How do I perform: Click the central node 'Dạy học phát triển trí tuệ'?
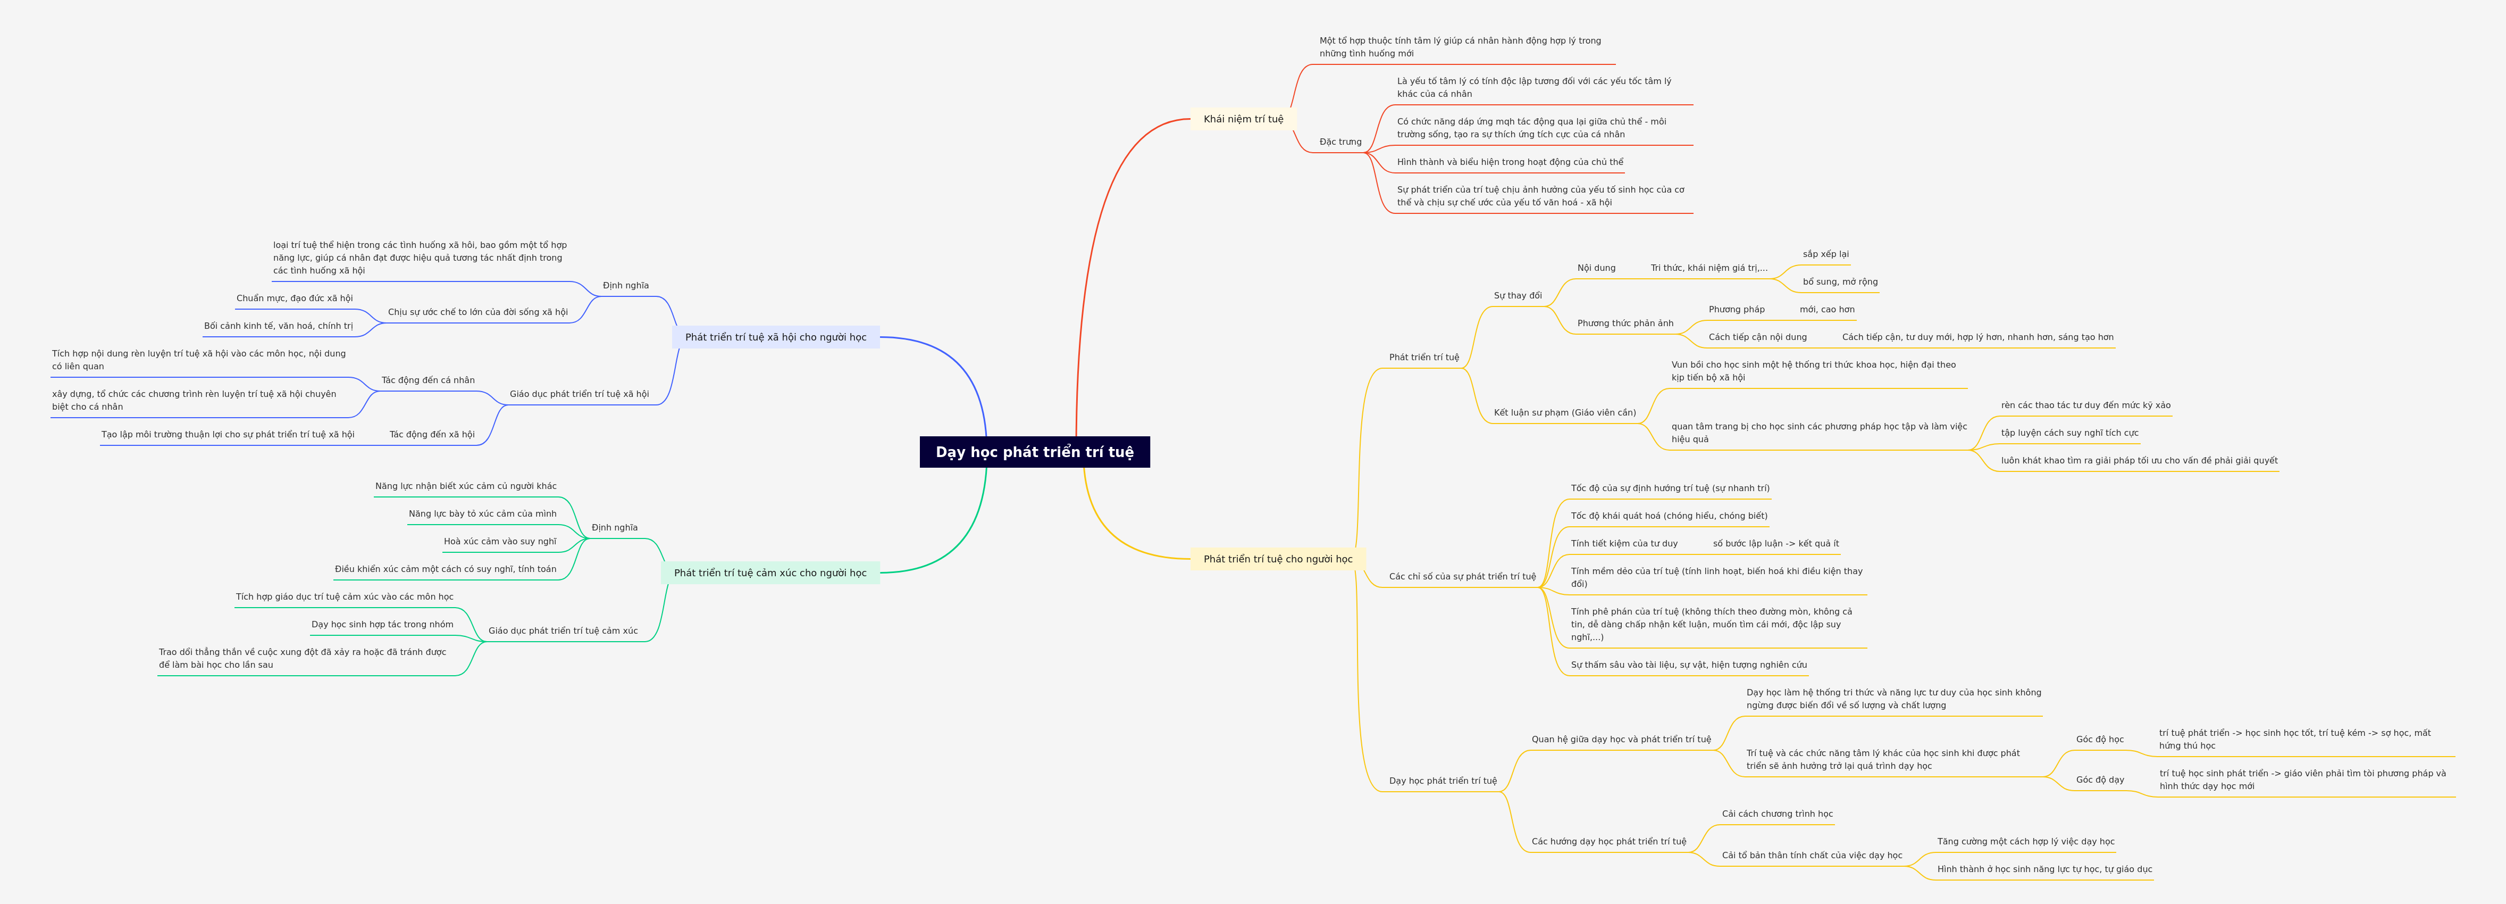coord(1034,452)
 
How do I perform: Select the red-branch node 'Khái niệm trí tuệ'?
coord(1243,119)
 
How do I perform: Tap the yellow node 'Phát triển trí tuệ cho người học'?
coord(1277,559)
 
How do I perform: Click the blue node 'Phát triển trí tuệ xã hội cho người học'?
coord(775,337)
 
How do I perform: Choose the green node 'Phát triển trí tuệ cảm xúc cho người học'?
coord(769,572)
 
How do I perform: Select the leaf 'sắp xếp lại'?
coord(1825,254)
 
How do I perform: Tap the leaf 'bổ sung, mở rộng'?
coord(1840,282)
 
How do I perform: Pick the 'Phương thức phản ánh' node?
coord(1624,323)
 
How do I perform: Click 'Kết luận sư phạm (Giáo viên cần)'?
coord(1564,412)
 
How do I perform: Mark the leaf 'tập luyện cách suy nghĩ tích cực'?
coord(2069,433)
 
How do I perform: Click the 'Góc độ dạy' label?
coord(2099,779)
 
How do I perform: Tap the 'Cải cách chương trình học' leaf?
coord(1776,814)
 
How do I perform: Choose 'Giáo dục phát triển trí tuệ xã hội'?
coord(579,394)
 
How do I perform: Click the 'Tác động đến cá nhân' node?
coord(428,380)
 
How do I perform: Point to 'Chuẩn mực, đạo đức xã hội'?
coord(294,298)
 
